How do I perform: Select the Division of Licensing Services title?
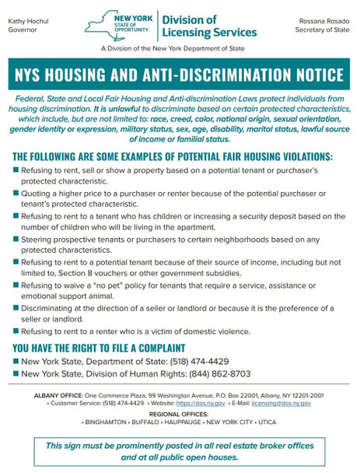pyautogui.click(x=208, y=26)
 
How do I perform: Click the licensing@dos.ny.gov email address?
pyautogui.click(x=283, y=403)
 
